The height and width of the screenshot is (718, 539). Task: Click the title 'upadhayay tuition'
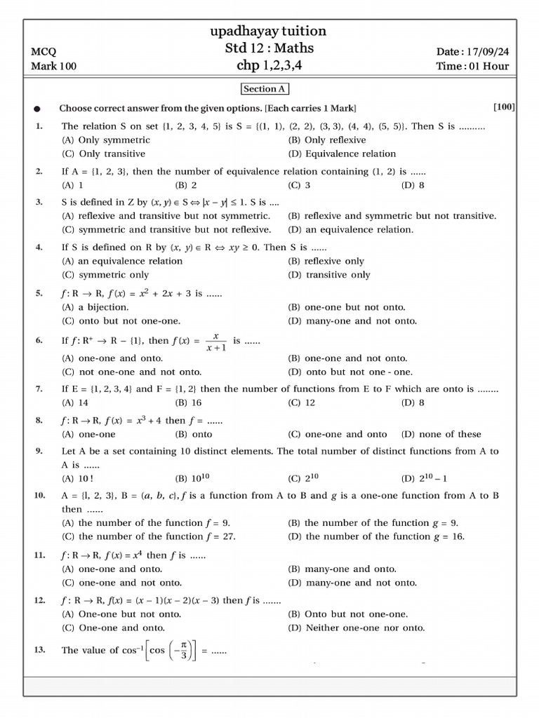click(269, 31)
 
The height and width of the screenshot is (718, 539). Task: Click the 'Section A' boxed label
click(265, 89)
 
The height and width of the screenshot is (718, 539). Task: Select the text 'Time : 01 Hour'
click(472, 67)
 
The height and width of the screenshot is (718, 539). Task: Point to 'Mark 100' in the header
click(54, 67)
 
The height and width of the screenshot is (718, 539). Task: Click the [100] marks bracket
click(504, 107)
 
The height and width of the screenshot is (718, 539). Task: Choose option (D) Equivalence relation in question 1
click(342, 154)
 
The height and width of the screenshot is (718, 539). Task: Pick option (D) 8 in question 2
click(413, 185)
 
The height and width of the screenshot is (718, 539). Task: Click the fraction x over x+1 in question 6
click(215, 341)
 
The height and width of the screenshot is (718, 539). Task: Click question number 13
click(39, 650)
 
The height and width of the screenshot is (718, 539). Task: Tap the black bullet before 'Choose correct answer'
click(37, 109)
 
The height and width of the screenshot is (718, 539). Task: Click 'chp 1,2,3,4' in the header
click(269, 66)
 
